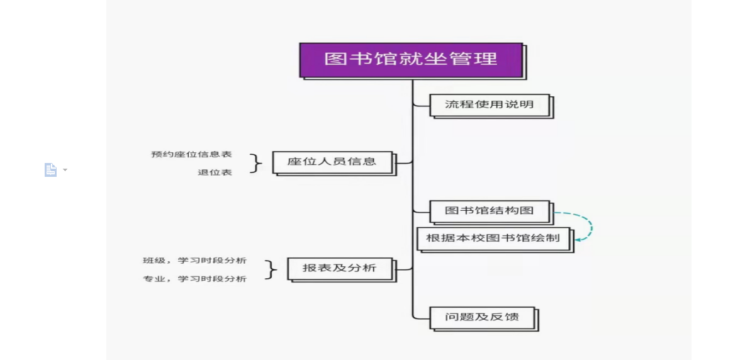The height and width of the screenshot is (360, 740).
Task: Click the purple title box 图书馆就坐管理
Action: (411, 60)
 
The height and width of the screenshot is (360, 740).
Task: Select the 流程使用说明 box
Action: (489, 104)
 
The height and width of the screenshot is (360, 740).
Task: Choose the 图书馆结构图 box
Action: (489, 211)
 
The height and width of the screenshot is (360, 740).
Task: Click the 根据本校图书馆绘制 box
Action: (493, 239)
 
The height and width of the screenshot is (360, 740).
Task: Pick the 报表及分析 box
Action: (340, 268)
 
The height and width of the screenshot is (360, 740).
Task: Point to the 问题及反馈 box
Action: (482, 317)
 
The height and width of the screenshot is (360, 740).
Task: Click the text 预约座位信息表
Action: (191, 154)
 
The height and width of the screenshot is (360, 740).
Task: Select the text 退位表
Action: (215, 172)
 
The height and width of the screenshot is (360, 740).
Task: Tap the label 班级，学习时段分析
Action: (194, 261)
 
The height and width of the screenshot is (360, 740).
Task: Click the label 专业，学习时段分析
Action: (194, 279)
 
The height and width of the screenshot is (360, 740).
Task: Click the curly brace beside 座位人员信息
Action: (255, 163)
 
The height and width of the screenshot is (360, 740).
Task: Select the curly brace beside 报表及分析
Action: (271, 269)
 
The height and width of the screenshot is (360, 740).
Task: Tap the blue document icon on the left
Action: (50, 170)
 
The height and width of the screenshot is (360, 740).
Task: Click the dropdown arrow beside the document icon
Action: (65, 170)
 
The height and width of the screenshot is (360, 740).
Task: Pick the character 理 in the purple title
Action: (488, 59)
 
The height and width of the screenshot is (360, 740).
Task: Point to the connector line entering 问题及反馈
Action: (420, 317)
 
